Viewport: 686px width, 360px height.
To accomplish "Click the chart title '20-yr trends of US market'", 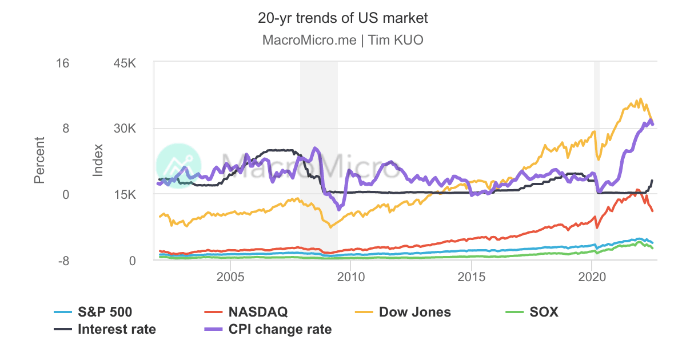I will point(342,18).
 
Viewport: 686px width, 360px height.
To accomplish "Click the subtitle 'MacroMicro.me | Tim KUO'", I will point(342,41).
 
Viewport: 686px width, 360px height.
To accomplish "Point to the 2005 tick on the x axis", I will point(230,277).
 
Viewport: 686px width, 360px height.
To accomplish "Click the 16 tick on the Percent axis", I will point(61,63).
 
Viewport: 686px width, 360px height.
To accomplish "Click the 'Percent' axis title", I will point(39,160).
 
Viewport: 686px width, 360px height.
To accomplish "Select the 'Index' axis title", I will point(98,160).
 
